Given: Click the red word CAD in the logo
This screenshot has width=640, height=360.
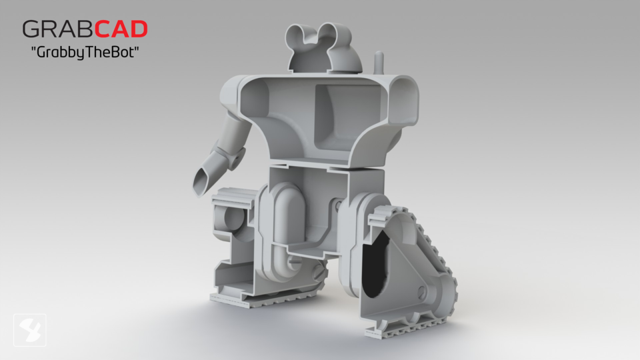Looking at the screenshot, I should (x=120, y=29).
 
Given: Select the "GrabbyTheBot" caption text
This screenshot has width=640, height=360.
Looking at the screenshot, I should (x=84, y=53).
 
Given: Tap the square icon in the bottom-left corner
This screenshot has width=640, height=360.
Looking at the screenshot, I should (x=30, y=329).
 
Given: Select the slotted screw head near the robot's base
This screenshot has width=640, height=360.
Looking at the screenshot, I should (x=319, y=273).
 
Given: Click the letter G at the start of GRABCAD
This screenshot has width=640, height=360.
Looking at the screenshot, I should (x=31, y=29).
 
